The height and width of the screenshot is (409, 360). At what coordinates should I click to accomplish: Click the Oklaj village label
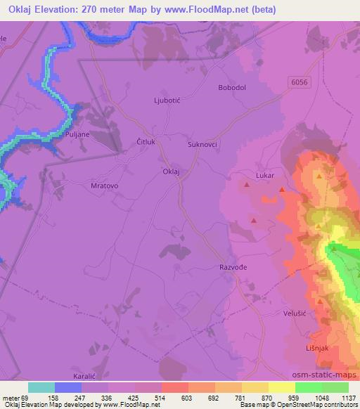[172, 171]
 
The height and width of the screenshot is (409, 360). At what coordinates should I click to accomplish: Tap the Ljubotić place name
[167, 100]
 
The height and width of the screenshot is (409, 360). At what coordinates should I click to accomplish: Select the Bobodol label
[232, 88]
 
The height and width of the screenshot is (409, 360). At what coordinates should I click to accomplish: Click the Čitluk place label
[147, 142]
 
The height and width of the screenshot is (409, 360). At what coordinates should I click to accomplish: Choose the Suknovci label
[202, 144]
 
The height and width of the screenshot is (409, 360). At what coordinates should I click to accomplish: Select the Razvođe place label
[233, 268]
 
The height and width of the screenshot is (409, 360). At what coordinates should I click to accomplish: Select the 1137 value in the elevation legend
[348, 397]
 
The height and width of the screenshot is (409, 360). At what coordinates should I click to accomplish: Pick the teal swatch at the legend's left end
[41, 387]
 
